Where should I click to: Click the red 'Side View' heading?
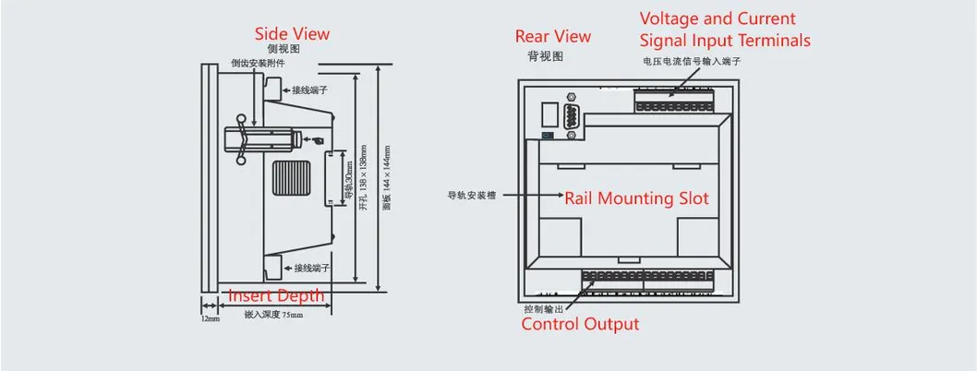pos(292,34)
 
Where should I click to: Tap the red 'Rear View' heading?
pos(552,36)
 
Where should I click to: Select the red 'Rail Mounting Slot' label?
pos(636,197)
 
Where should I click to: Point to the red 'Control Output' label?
pos(580,324)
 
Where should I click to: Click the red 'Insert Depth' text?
pos(276,295)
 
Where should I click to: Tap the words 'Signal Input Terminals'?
pos(725,41)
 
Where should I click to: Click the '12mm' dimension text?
pos(211,318)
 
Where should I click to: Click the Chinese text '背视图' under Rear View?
pos(545,56)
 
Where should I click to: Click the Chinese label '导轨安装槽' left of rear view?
pos(469,197)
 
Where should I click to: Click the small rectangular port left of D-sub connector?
pos(548,115)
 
